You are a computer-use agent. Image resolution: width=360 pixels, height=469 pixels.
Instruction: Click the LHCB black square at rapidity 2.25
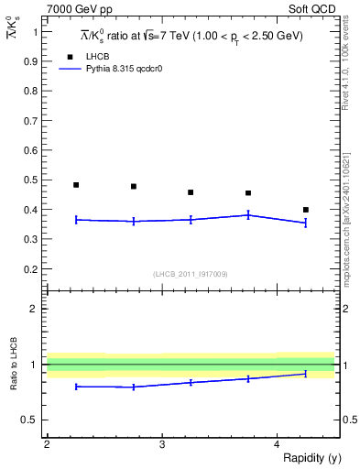point(76,185)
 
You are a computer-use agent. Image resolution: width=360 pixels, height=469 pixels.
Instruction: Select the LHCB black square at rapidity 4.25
point(306,210)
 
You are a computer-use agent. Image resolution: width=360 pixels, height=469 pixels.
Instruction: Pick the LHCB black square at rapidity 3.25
point(191,192)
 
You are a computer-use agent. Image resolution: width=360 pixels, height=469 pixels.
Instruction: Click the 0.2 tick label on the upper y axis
point(32,269)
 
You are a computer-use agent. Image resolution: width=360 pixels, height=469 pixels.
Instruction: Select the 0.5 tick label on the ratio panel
point(32,420)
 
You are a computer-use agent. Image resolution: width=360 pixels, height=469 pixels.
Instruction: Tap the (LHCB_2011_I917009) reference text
point(191,274)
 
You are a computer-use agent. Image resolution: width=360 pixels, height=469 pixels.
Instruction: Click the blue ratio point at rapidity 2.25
point(76,387)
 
